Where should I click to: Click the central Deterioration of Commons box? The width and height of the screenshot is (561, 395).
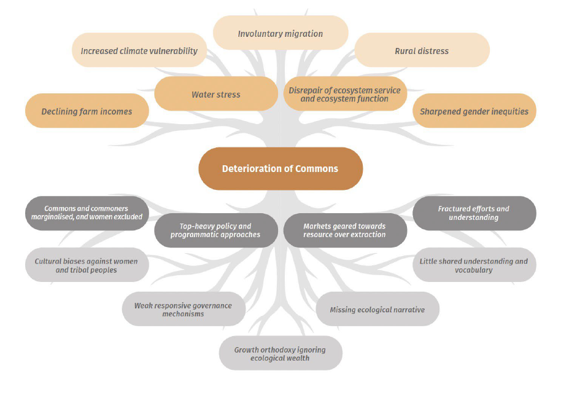(280, 169)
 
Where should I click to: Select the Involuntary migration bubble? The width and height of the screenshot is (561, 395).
(280, 33)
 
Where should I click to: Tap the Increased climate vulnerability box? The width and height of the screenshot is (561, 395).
(139, 50)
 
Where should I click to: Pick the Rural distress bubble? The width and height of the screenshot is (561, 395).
(422, 50)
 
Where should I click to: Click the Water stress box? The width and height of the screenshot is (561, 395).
(216, 93)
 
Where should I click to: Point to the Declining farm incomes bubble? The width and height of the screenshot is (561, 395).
(87, 111)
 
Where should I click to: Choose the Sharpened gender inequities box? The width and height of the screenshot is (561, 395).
(474, 111)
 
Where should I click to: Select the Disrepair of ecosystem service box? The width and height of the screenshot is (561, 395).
(346, 93)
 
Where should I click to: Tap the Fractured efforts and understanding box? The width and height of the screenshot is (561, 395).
(474, 213)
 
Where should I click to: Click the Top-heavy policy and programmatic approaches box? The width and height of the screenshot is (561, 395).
(216, 230)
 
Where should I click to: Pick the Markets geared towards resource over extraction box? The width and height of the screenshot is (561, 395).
(346, 230)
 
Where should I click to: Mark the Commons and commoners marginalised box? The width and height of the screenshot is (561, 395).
(87, 213)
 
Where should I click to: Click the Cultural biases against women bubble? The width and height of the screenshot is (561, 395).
(87, 265)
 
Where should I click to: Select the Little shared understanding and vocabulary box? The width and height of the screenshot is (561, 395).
(474, 265)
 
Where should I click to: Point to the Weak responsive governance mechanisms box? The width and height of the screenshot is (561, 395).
(184, 309)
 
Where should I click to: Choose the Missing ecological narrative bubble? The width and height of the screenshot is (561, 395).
(377, 309)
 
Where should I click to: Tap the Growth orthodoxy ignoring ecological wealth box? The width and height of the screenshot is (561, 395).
(280, 353)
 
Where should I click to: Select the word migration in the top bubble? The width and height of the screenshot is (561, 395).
(303, 34)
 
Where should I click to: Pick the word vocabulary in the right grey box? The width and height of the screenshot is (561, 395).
(474, 270)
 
